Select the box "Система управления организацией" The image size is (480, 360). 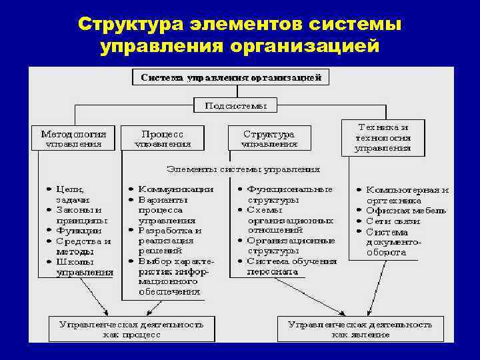tap(231, 77)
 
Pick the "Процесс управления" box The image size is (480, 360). tap(163, 138)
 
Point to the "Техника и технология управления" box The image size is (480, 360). tap(383, 137)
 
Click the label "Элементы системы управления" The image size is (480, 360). tap(243, 169)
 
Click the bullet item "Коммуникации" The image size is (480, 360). tap(175, 189)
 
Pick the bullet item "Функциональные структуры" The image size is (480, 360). tap(288, 194)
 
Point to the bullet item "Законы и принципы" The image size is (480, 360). tap(80, 215)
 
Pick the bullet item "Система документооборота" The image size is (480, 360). tap(393, 242)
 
